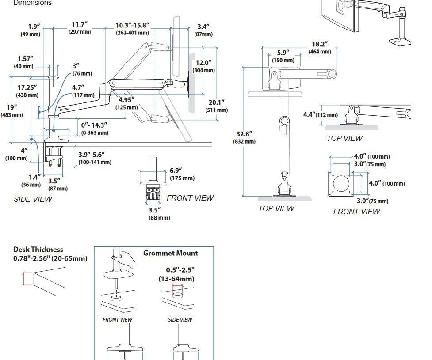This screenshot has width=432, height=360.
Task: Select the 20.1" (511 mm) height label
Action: pos(217,106)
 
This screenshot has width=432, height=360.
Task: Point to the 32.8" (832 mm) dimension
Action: pos(244,137)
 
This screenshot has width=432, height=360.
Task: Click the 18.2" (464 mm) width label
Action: pos(320,48)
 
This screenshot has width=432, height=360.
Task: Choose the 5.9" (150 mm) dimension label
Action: pos(283,56)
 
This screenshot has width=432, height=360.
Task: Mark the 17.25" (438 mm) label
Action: pos(27,91)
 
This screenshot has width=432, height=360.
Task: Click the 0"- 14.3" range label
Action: pos(94,129)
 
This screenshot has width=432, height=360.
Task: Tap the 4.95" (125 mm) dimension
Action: pos(126,103)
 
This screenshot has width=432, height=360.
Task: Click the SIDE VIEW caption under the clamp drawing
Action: pos(33,199)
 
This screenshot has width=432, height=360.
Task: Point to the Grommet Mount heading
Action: pos(170,253)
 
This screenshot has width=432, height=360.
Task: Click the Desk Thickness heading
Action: pos(38,250)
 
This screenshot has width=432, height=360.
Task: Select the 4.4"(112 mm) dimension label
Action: pos(320,115)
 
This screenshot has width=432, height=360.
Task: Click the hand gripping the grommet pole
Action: pos(128,258)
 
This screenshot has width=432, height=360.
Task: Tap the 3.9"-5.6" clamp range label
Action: pos(95,158)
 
